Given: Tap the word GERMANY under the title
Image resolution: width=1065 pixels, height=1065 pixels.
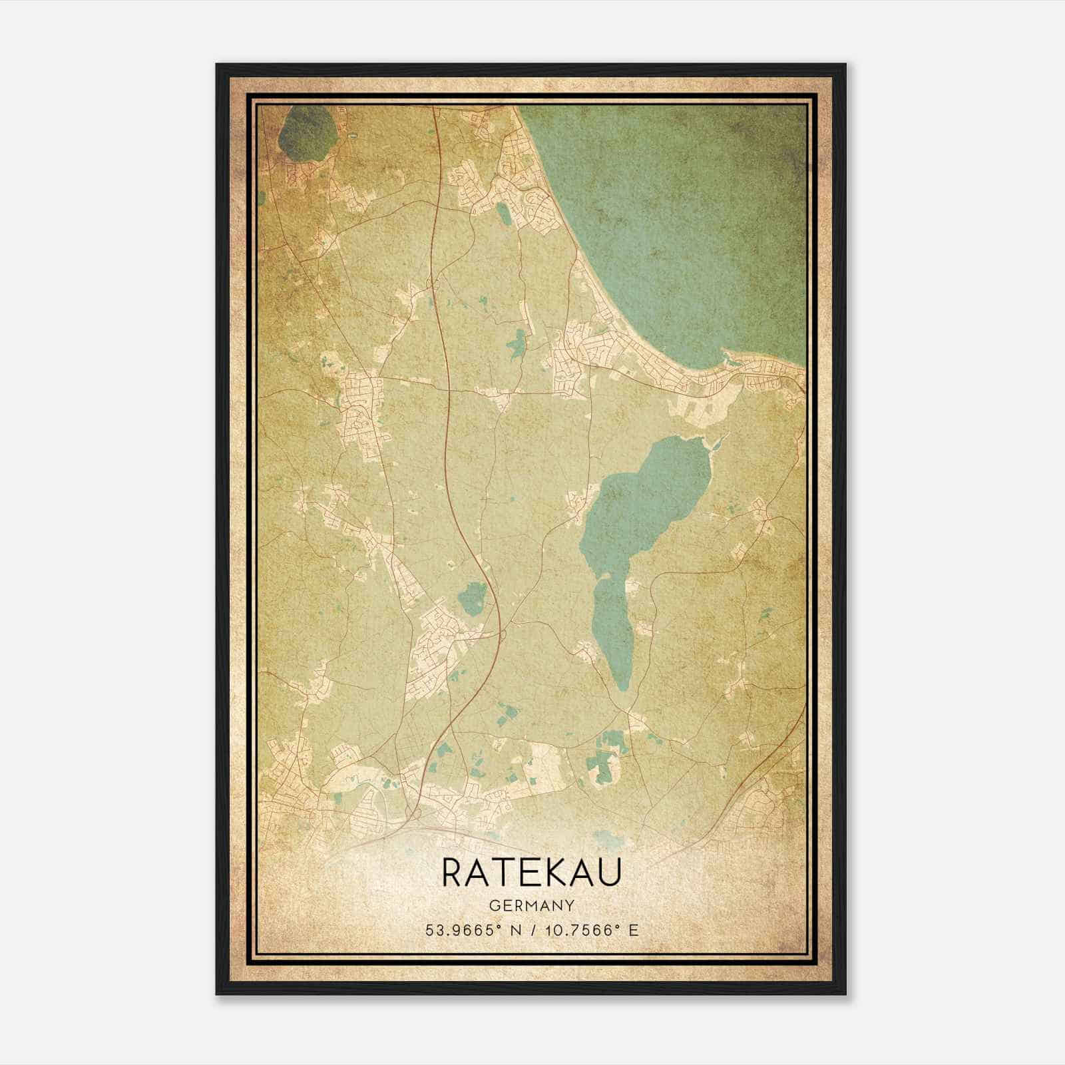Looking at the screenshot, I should pos(531,906).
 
